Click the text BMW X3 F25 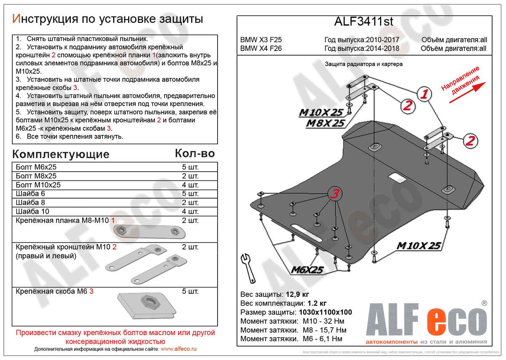point(261,40)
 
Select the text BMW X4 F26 point(261,48)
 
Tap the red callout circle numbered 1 point(424,94)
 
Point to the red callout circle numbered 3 point(334,194)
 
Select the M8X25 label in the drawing point(326,123)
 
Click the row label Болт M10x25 point(38,185)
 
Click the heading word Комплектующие point(61,154)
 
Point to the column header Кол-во point(194,153)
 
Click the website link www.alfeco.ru point(179,349)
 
